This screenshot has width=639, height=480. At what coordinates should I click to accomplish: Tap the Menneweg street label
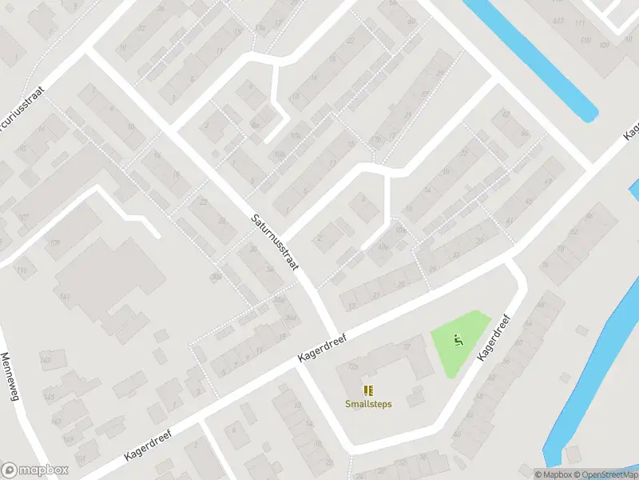click(10, 380)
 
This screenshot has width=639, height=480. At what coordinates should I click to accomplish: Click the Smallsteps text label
click(368, 404)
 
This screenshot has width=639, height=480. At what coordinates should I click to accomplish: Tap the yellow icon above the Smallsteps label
click(368, 390)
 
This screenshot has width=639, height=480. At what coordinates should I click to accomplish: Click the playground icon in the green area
click(458, 340)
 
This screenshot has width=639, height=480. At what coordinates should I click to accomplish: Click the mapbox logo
click(35, 470)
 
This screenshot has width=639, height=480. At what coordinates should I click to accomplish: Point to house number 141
click(65, 298)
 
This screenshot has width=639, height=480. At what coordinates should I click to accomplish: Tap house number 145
click(49, 395)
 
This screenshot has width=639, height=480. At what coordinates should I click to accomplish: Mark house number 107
click(24, 217)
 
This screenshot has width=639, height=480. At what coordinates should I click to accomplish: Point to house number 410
click(586, 39)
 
